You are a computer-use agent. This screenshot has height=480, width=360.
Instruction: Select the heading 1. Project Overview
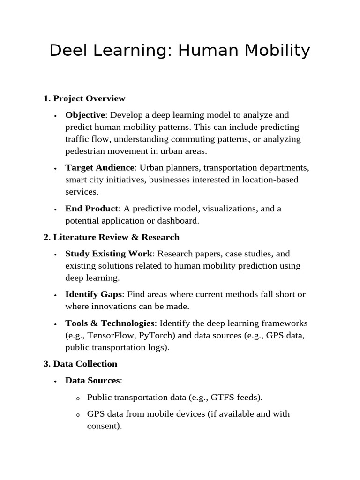84,98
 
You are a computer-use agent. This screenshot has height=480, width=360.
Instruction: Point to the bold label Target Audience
100,168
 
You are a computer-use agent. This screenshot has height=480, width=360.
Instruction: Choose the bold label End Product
91,209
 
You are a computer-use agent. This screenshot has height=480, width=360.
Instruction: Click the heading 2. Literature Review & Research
112,237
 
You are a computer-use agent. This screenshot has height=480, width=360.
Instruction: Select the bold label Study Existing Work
109,254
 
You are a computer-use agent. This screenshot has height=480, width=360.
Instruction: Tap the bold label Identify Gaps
94,294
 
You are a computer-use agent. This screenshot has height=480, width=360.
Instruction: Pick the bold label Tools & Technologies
110,323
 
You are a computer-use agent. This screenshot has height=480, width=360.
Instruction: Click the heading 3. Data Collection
80,364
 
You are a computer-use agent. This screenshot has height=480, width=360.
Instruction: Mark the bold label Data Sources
92,381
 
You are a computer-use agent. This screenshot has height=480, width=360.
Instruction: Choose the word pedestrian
86,151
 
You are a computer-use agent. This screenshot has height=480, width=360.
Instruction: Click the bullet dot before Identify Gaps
55,295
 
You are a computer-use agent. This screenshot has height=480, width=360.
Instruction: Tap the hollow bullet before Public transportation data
78,398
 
